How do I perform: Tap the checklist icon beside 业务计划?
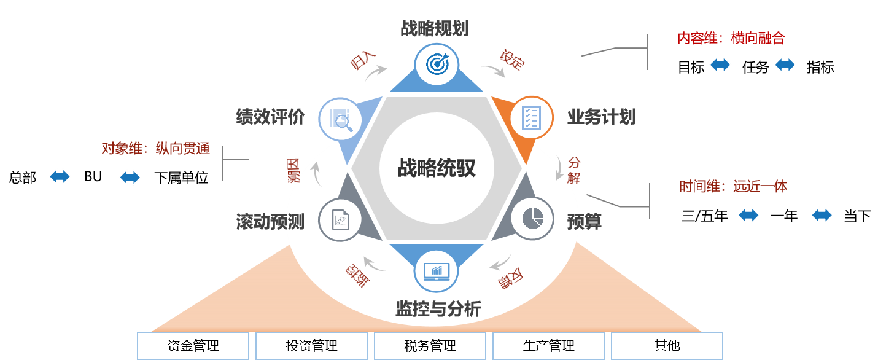532,117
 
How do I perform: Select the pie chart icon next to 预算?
532,219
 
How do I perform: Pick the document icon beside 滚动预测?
340,219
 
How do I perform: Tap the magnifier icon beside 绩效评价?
340,117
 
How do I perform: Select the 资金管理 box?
193,346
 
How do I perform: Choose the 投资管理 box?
311,346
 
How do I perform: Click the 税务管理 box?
430,346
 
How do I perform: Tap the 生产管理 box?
548,346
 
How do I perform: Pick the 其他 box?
667,346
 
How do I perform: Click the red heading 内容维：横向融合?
731,39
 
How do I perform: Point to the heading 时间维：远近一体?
733,187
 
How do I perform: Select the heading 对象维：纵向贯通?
155,149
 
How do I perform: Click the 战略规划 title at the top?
435,28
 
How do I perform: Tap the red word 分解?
573,170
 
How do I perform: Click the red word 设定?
511,60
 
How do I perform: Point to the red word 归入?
362,61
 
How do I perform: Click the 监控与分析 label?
438,309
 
